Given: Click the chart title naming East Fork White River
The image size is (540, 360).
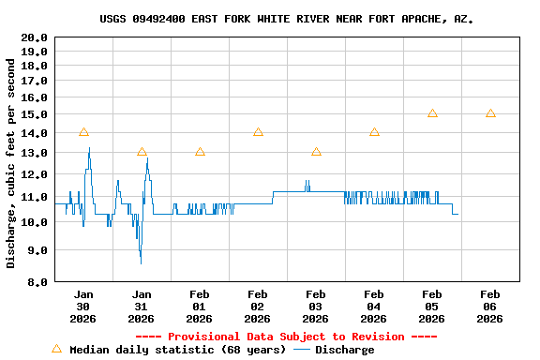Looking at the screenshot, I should point(286,19).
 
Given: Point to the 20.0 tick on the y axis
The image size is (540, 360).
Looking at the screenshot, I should point(35,37).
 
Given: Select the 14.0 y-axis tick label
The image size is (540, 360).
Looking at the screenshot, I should point(35,133).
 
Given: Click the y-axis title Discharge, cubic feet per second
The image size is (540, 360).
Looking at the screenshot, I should point(11,163).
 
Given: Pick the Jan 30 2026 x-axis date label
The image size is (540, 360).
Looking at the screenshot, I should point(83,306).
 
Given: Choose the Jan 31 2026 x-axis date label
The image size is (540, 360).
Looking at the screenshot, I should point(142,306).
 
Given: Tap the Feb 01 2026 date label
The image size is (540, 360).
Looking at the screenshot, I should point(200,306).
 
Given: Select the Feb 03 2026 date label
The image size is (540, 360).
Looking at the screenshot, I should point(316,306).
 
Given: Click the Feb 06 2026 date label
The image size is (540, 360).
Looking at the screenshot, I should point(489,306).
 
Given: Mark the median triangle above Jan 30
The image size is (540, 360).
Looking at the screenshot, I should point(83,132).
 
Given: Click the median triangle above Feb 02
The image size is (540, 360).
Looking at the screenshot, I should point(258,132).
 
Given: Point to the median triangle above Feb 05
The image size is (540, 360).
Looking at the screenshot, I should point(432,113).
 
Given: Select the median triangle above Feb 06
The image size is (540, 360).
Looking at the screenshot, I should point(490,113).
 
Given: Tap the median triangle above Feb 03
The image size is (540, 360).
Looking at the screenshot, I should point(316,152).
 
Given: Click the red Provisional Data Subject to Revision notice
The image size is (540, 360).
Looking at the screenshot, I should point(286,336).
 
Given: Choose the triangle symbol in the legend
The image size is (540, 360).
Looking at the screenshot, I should point(56,349).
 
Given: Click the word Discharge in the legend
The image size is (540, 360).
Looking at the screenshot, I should point(344,350).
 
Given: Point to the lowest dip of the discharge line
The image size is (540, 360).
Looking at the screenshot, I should point(141,262).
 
